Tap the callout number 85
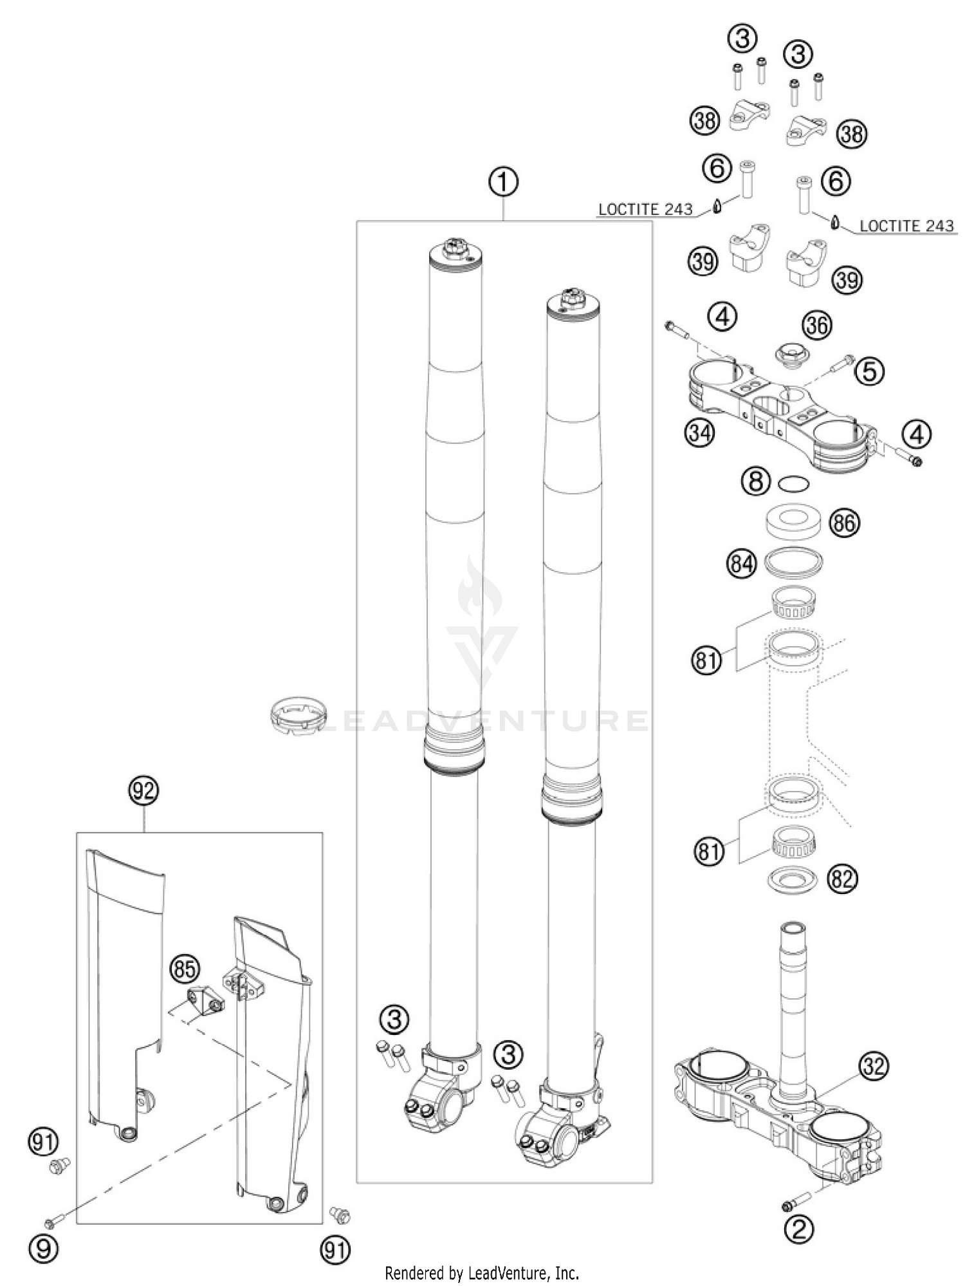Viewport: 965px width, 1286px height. (185, 969)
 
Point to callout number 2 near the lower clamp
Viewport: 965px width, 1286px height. (798, 1231)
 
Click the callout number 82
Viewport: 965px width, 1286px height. (841, 879)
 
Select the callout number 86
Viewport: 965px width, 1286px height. (843, 523)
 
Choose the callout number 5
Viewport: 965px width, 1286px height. (869, 371)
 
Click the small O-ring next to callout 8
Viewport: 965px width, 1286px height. (793, 483)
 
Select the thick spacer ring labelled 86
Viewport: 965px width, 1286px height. (793, 521)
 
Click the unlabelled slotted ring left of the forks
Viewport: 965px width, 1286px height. (297, 714)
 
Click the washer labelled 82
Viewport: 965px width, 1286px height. (792, 879)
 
